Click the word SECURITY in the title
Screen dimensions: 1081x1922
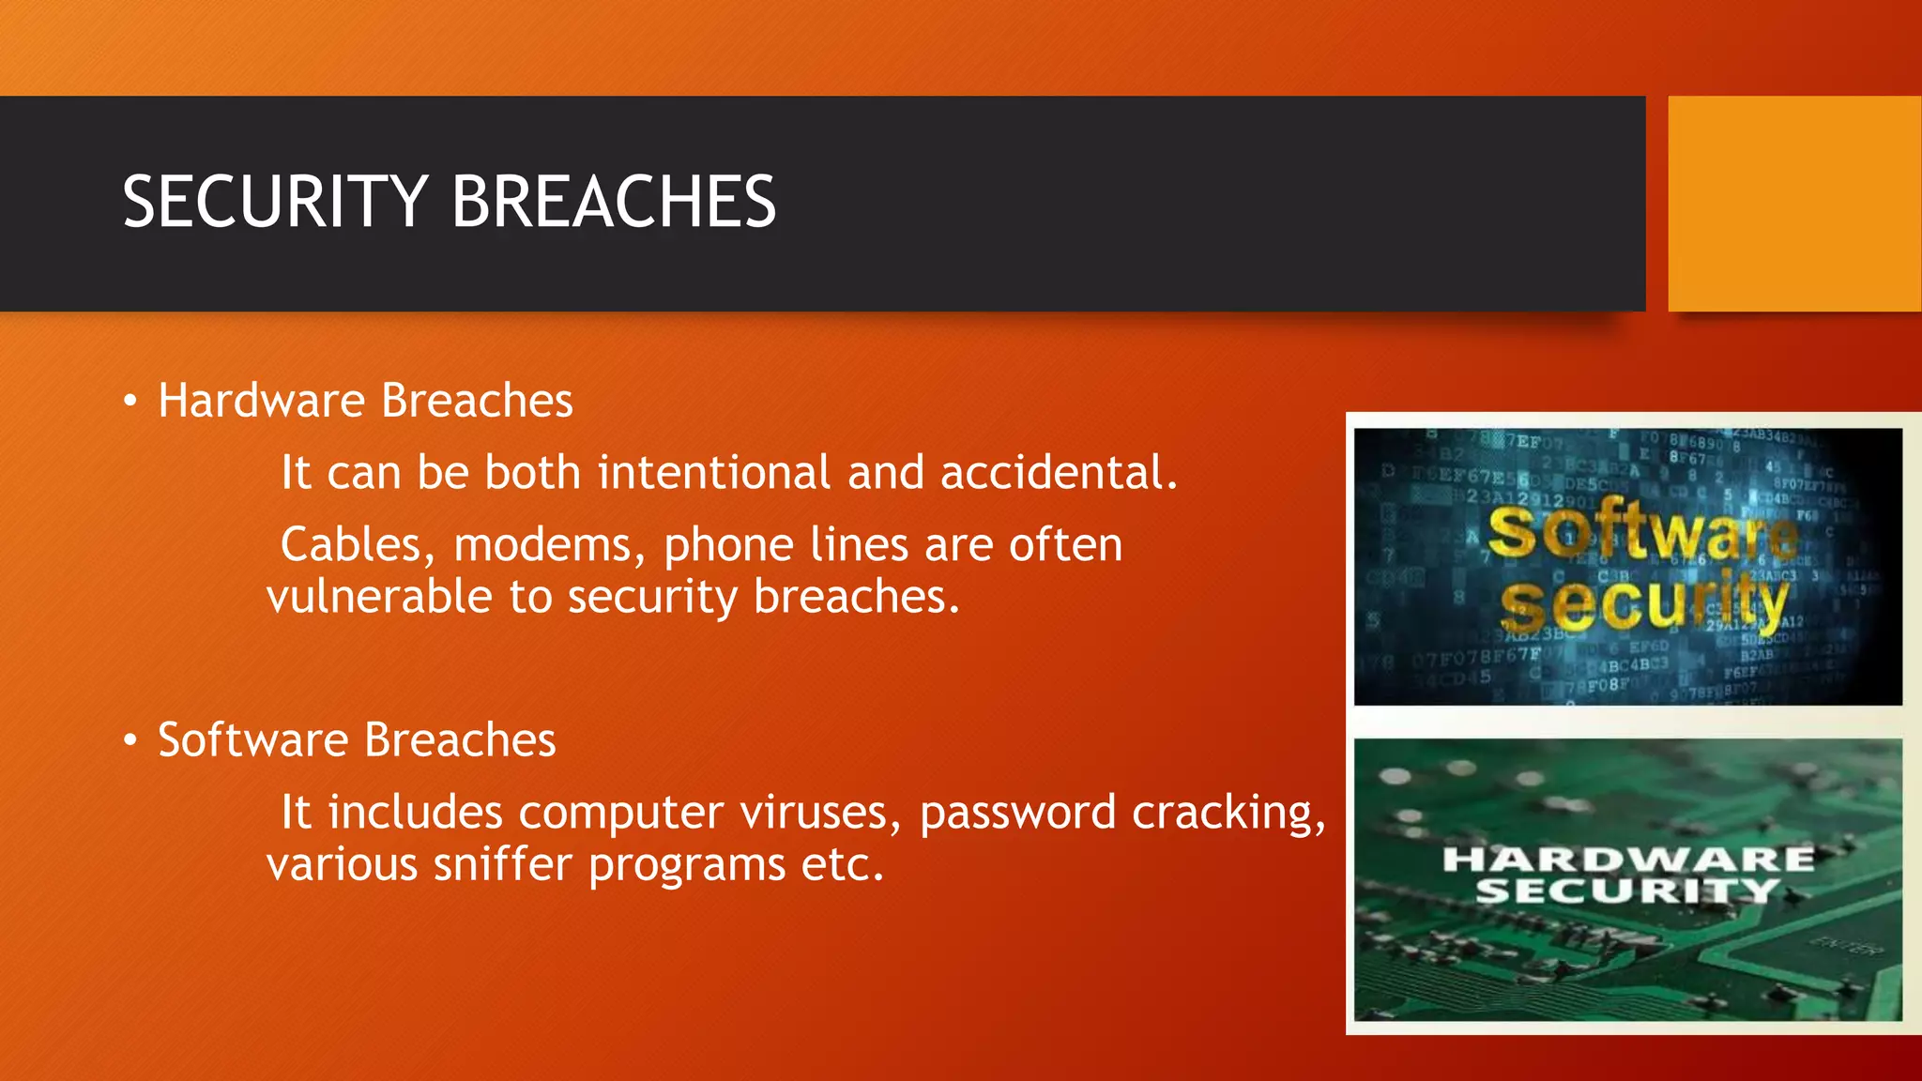pos(275,202)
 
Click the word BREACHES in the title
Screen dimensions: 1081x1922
pos(614,202)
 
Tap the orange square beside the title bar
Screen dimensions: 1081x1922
pos(1793,204)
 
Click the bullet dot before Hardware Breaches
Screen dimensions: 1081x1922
pos(130,403)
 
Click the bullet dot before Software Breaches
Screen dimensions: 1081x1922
pos(130,741)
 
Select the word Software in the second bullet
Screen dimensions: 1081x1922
pos(252,739)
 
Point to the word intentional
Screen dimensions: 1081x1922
pos(714,472)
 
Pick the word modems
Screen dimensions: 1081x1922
pos(549,545)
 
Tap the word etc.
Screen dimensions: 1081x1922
pos(842,864)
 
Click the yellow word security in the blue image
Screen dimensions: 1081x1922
pos(1642,604)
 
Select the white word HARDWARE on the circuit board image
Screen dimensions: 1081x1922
pos(1628,859)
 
